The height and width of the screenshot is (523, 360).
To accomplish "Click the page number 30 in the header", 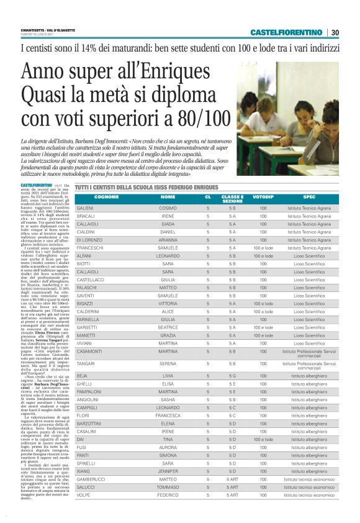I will tap(335, 32).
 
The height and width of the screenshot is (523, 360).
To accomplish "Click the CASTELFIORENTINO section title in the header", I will tap(286, 32).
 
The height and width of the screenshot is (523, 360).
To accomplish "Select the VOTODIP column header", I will tap(263, 197).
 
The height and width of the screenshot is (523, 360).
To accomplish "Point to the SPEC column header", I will tap(309, 197).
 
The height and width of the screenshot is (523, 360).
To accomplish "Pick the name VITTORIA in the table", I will tap(168, 304).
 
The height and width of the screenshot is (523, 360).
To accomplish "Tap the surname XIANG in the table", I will tap(83, 471).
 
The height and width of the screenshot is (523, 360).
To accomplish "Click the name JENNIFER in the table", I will tap(168, 471).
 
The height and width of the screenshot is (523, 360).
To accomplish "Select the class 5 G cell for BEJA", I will tap(233, 376).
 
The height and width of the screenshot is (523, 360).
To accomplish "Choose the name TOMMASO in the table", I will tap(168, 487).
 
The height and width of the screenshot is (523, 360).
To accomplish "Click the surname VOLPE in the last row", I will tap(83, 495).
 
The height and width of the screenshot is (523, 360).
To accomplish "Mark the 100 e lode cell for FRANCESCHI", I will tap(263, 248).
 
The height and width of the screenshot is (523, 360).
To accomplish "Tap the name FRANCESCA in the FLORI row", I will tap(168, 415).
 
